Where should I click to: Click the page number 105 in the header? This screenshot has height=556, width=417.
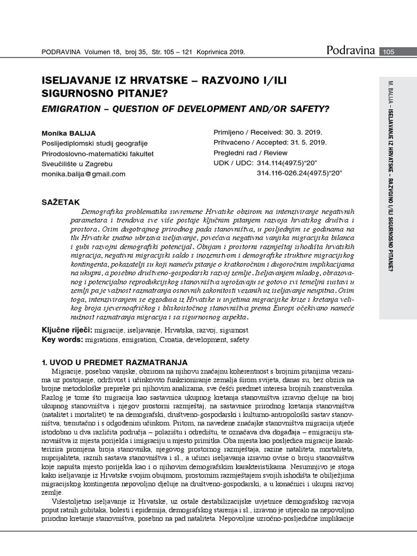click(x=389, y=52)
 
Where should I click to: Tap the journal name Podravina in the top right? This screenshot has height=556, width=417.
click(x=351, y=51)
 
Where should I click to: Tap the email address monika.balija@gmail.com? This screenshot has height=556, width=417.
click(x=84, y=174)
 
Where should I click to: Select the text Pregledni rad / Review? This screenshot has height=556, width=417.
click(x=251, y=153)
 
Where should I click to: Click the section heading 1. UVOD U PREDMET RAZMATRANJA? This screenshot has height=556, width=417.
click(x=115, y=362)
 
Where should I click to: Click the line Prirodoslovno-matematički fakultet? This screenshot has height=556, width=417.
click(x=97, y=153)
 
